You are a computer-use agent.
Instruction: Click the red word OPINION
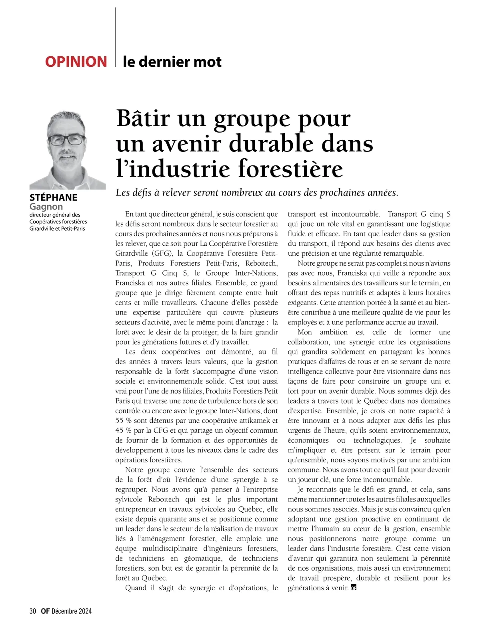(x=76, y=62)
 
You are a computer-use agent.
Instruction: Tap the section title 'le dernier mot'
(x=172, y=62)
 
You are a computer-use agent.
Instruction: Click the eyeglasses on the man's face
(x=68, y=140)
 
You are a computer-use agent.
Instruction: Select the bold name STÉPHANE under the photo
(x=54, y=197)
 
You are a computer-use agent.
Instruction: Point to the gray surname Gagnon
(x=46, y=207)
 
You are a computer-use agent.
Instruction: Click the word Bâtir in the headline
(x=143, y=118)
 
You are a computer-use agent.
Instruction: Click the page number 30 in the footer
(x=33, y=611)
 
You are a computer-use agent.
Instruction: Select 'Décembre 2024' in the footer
(x=72, y=611)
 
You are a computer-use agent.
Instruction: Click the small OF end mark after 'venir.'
(x=353, y=588)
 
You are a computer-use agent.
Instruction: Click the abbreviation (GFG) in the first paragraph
(x=162, y=253)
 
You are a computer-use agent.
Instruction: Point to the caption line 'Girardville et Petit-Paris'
(x=57, y=229)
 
